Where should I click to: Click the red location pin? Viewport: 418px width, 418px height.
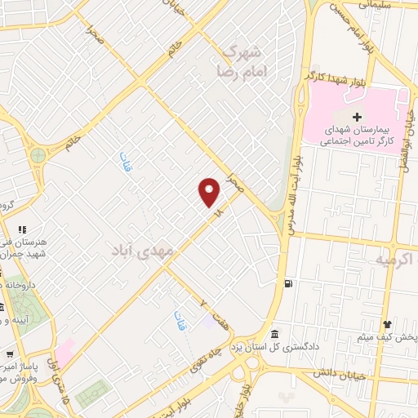210,192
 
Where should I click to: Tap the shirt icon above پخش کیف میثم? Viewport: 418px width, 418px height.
389,324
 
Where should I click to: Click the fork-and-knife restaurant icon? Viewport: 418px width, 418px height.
22,229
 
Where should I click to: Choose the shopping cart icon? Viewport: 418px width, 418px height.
8,354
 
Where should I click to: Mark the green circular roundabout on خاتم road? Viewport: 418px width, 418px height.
38,154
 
